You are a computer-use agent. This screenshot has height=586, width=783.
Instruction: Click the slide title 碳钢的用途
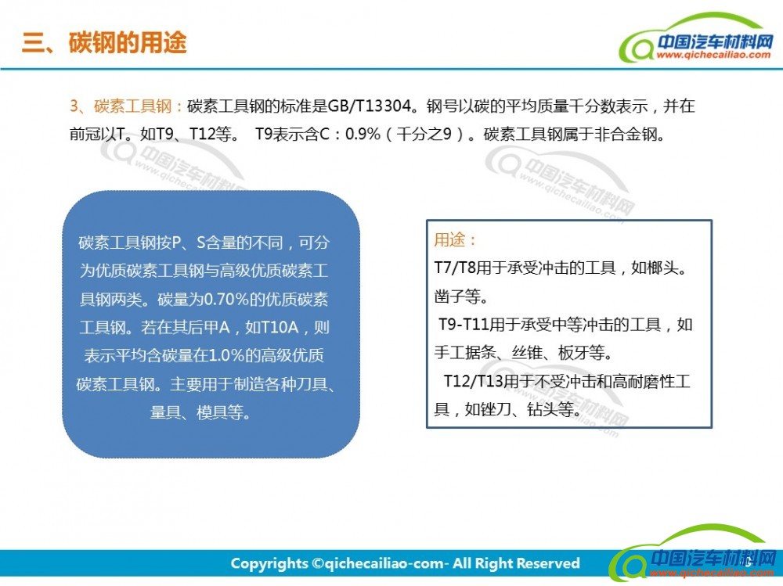128,42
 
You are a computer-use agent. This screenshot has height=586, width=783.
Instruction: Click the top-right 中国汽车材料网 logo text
715,42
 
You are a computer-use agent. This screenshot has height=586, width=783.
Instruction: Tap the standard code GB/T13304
370,106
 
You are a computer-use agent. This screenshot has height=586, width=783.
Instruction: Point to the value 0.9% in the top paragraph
363,134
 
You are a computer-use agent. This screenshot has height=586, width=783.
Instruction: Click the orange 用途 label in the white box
449,239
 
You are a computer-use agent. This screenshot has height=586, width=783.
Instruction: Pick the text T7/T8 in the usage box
455,268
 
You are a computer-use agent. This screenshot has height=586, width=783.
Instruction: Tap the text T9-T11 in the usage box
464,325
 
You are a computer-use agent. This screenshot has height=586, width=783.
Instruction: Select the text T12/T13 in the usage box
474,381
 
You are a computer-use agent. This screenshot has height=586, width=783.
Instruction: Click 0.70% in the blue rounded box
227,299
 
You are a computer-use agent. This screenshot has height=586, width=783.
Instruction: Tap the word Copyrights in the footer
269,564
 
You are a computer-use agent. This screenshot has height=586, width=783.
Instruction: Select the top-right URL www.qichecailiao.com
713,55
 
